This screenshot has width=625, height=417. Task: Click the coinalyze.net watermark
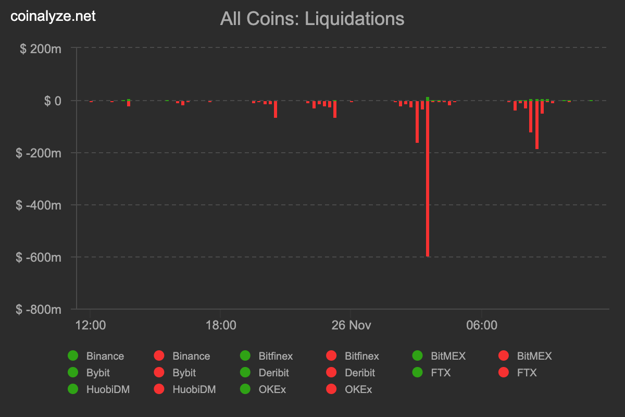[53, 16]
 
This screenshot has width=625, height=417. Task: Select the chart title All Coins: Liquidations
[312, 19]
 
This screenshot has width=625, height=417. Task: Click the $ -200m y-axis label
[39, 153]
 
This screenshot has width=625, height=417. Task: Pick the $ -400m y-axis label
[39, 205]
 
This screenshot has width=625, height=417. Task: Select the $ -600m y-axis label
[39, 257]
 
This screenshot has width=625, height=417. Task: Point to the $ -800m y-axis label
[39, 310]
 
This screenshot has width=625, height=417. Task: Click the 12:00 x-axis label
[91, 325]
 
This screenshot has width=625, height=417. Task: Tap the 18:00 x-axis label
[221, 325]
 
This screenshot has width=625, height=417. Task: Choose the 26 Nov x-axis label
[351, 325]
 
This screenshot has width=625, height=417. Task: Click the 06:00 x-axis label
[482, 325]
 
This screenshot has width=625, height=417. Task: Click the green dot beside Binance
[73, 356]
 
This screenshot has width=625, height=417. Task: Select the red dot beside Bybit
[159, 373]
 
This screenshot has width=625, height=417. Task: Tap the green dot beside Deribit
[245, 373]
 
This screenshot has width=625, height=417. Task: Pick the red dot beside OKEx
[331, 389]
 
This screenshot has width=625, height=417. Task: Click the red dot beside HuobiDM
[159, 389]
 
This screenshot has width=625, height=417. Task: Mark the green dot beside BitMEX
[418, 356]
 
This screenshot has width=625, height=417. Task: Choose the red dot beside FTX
[504, 373]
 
